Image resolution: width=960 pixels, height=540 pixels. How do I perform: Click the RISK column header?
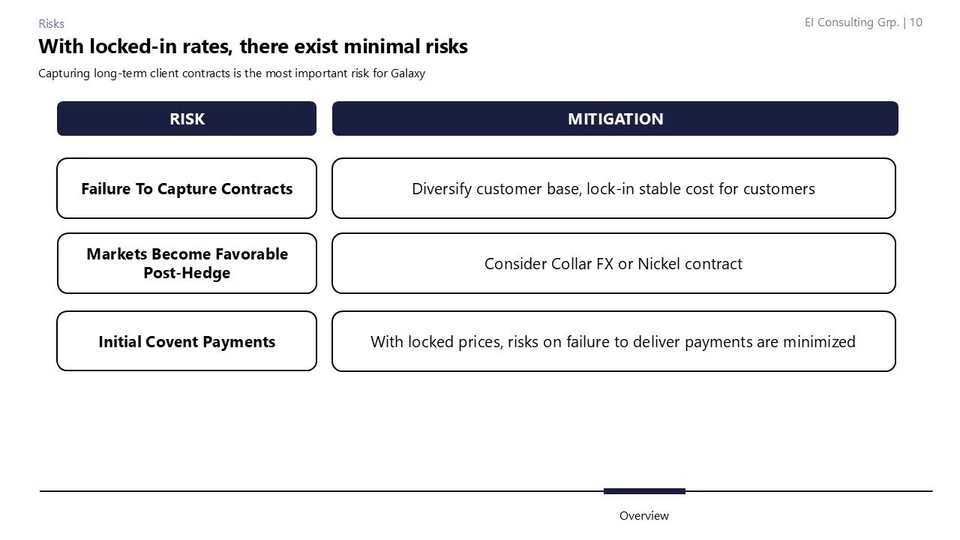click(187, 118)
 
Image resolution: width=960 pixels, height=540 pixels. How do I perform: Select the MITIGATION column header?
click(615, 118)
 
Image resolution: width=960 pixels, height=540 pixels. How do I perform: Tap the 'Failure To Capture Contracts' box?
click(187, 188)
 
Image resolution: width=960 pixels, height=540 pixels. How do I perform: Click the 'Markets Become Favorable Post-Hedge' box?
click(187, 263)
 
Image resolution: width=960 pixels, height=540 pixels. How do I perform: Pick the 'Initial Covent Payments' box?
click(187, 341)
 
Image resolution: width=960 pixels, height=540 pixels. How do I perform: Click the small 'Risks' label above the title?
click(51, 23)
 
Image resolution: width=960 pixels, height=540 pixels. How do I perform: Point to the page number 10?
click(916, 22)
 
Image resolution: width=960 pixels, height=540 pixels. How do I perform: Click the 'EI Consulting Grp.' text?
click(852, 22)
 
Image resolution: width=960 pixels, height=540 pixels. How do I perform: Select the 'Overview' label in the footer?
click(643, 516)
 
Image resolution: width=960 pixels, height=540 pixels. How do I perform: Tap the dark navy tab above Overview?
click(644, 491)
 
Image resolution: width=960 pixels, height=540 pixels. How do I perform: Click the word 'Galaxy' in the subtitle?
click(408, 73)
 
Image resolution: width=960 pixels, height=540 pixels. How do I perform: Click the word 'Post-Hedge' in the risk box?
click(187, 273)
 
